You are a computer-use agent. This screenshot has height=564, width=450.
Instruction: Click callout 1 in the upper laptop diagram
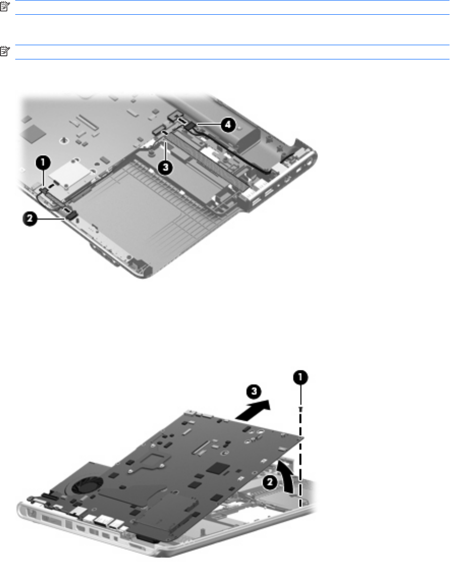(43, 163)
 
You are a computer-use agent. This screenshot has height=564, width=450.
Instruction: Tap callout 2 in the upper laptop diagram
(30, 218)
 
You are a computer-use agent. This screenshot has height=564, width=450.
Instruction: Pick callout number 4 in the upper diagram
(228, 125)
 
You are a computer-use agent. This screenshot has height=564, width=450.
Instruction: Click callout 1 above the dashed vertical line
(301, 378)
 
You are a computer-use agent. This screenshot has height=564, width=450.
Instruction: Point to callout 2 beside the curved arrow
(270, 482)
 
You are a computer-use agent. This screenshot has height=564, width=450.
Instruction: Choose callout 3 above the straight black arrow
(254, 391)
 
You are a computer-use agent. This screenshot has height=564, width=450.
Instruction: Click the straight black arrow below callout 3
(252, 411)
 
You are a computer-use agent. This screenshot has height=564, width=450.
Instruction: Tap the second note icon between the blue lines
(5, 51)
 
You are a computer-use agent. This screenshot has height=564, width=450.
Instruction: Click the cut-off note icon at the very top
(4, 6)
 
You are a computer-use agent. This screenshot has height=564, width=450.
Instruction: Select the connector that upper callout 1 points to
(44, 190)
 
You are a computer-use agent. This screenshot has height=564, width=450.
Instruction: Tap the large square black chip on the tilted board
(219, 468)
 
